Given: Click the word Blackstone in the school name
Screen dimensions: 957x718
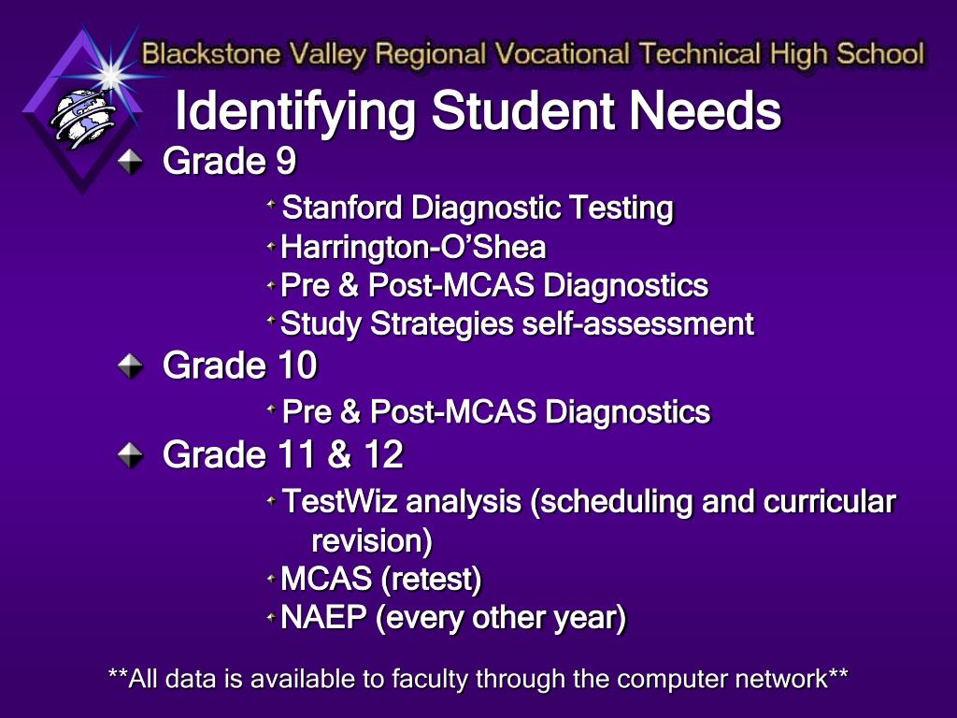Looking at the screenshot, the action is pyautogui.click(x=211, y=53).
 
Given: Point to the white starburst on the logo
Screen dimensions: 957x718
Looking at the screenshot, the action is pyautogui.click(x=111, y=74).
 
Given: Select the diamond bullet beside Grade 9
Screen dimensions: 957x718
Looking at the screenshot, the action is pyautogui.click(x=130, y=162).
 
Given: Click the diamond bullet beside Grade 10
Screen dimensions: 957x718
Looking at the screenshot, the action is pyautogui.click(x=130, y=366).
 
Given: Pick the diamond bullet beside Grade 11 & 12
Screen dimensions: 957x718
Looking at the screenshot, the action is pyautogui.click(x=130, y=455).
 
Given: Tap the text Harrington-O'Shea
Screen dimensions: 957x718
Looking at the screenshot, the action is pyautogui.click(x=413, y=247).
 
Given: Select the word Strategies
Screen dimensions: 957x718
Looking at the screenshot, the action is pyautogui.click(x=442, y=324).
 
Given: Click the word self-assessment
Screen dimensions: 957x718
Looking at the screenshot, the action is pyautogui.click(x=638, y=323).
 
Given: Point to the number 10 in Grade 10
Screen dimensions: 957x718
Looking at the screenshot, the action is pyautogui.click(x=297, y=366).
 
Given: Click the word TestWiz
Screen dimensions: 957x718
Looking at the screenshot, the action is pyautogui.click(x=340, y=501).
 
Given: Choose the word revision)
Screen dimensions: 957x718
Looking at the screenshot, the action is pyautogui.click(x=372, y=541).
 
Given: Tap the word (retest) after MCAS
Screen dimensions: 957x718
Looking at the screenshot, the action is pyautogui.click(x=432, y=580).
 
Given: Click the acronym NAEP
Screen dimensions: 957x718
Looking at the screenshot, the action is pyautogui.click(x=323, y=617).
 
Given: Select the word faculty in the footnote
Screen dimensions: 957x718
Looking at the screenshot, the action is pyautogui.click(x=431, y=680).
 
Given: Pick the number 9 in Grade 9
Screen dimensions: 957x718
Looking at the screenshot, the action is pyautogui.click(x=286, y=161).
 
